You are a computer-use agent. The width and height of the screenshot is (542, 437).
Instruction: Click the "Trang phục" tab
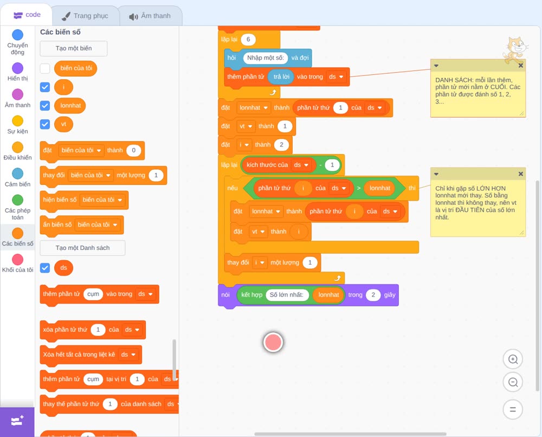[x=85, y=16]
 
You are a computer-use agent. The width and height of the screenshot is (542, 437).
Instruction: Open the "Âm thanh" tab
[x=150, y=16]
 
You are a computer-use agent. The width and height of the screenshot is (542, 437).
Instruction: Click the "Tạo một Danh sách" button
[x=82, y=248]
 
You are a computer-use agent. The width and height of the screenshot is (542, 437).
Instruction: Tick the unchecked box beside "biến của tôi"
[x=45, y=68]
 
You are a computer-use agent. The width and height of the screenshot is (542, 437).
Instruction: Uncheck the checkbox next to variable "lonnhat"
[x=45, y=105]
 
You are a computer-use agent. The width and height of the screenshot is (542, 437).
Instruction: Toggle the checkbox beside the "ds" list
[x=45, y=268]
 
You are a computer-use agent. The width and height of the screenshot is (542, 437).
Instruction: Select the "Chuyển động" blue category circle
[x=18, y=35]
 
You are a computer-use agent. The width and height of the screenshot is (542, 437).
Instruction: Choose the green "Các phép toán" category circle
[x=18, y=200]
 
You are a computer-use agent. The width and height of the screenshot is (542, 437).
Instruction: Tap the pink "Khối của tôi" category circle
[x=18, y=259]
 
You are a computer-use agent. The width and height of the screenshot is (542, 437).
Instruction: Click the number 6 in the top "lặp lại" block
[x=248, y=40]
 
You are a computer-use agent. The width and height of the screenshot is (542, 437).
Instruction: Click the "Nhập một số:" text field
[x=265, y=57]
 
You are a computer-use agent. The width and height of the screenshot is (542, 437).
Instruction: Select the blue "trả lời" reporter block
[x=281, y=77]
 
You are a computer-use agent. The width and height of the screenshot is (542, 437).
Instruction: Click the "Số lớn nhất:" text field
[x=287, y=295]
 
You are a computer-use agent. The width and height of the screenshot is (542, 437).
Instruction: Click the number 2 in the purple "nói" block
[x=373, y=295]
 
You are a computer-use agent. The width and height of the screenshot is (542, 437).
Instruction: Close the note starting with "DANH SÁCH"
[x=520, y=66]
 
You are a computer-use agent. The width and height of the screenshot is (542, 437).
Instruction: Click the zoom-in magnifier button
[x=513, y=359]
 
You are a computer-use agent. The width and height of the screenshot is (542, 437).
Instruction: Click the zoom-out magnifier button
[x=513, y=382]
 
